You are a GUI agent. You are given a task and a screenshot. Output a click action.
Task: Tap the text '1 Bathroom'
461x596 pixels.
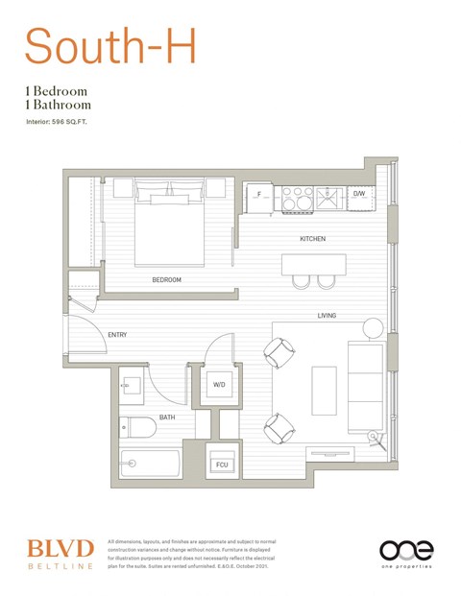click(60, 105)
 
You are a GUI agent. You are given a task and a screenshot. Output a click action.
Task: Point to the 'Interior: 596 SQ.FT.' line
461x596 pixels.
click(63, 122)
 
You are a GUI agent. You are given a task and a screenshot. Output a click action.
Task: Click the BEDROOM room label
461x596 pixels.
click(166, 280)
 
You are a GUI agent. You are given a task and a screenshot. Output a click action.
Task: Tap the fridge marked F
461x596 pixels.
click(257, 196)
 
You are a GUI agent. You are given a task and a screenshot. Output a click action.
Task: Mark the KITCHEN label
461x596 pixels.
click(312, 238)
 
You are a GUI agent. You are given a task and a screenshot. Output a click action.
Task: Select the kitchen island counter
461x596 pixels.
click(313, 264)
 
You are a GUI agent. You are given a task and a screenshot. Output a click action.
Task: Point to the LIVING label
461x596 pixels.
click(327, 315)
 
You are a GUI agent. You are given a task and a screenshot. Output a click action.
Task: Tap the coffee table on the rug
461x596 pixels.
click(324, 390)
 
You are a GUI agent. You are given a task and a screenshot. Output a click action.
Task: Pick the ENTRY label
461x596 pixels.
click(117, 335)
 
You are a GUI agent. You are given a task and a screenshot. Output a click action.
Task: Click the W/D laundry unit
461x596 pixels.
click(219, 385)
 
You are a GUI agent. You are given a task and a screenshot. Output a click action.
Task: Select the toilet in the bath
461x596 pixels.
click(135, 426)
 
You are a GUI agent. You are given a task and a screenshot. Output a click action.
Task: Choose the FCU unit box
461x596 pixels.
click(222, 464)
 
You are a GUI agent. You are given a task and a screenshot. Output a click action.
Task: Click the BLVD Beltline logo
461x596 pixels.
click(60, 553)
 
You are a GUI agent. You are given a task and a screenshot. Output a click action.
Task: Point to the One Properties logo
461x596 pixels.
click(405, 553)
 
